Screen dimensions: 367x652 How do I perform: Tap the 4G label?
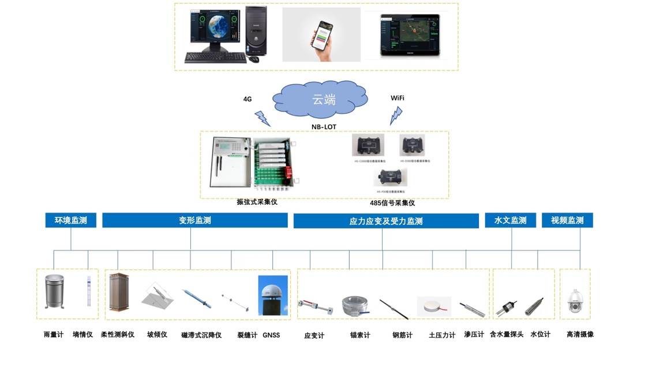pos(248,99)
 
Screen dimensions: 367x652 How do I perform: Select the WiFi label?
pos(397,98)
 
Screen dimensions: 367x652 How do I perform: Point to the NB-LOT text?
pos(324,127)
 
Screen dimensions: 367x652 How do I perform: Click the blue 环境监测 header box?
pos(70,220)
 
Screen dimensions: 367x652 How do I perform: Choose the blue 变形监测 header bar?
pos(195,220)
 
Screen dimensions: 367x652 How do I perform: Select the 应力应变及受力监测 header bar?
pos(386,221)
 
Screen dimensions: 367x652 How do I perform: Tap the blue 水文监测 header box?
pos(510,220)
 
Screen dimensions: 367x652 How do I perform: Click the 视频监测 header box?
pos(567,220)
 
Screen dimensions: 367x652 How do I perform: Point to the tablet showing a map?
pos(410,35)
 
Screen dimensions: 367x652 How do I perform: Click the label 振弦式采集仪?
pos(257,202)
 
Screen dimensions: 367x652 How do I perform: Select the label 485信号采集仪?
pos(392,203)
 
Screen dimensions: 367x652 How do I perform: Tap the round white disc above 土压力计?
pos(434,305)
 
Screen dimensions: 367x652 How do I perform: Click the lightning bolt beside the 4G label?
pos(263,118)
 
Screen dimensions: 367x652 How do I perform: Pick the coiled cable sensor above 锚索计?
pos(359,306)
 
